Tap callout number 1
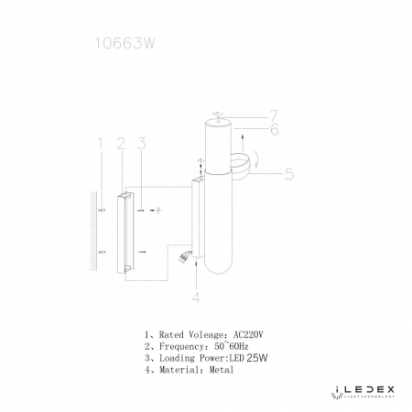coord(100,143)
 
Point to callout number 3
coord(141,143)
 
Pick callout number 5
coord(288,172)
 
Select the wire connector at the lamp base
coord(187,258)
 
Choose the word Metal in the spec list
coord(221,370)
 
